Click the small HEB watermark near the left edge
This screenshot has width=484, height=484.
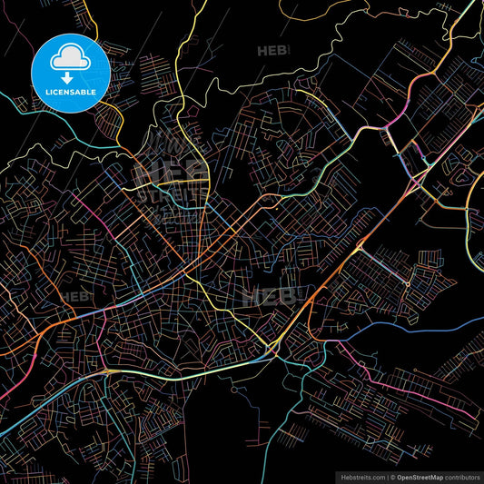tap(76, 296)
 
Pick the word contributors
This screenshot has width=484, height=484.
tap(462, 475)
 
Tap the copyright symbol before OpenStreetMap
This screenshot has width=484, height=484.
tap(392, 475)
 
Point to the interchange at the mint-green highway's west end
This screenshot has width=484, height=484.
tap(108, 370)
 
